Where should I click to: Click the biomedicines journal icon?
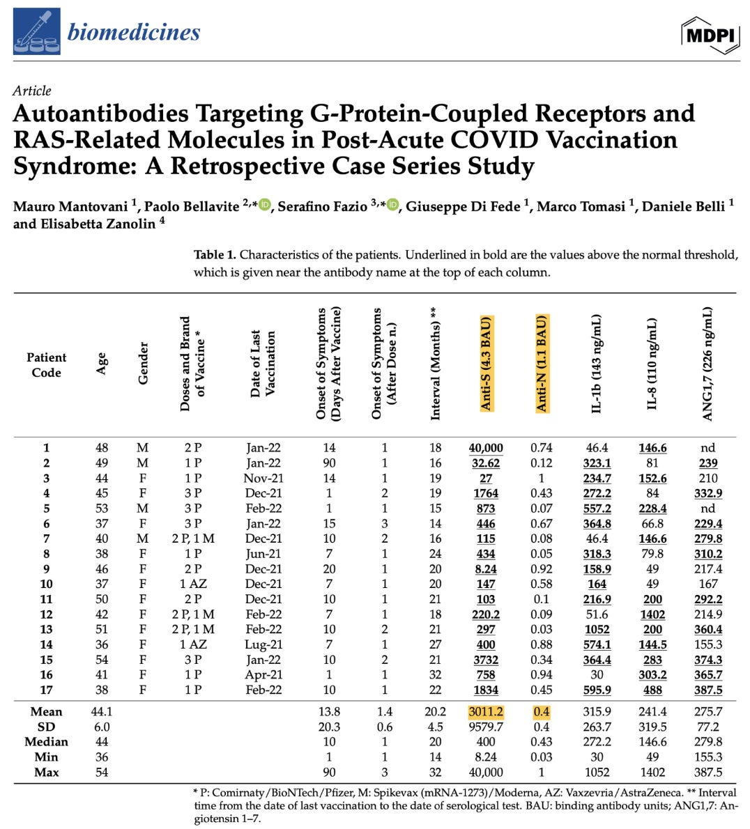coord(37,31)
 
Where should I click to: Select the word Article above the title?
coord(32,91)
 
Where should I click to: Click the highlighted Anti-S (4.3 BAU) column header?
coord(486,363)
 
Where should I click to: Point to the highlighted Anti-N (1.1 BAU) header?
coord(542,363)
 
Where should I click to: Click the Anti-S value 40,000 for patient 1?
coord(486,448)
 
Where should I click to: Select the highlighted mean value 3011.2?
coord(486,712)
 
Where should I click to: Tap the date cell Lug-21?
coord(263,645)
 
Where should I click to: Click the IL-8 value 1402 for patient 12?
coord(652,614)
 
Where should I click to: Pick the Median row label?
coord(46,742)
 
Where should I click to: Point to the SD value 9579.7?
coord(486,727)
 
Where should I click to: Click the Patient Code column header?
coord(46,365)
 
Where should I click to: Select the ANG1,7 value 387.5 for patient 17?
coord(708,690)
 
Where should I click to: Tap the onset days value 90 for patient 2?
coord(329,463)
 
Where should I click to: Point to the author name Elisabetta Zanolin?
coord(93,224)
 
